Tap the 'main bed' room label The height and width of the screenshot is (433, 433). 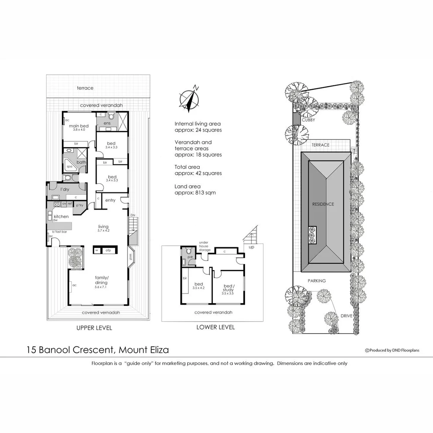tap(79, 126)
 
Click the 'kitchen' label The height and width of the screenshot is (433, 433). tap(61, 216)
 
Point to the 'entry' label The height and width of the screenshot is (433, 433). tap(110, 200)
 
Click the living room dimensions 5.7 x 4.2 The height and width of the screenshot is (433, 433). tap(103, 231)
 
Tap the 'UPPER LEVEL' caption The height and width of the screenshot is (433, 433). tap(94, 328)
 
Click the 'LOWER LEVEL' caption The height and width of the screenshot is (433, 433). tap(215, 327)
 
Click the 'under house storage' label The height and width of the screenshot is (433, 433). tap(204, 247)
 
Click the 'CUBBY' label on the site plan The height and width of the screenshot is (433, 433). tap(308, 120)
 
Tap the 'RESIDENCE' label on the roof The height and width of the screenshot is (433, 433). tap(323, 204)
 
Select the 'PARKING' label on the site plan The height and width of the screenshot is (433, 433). tap(317, 281)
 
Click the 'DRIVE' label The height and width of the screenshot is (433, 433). tap(346, 316)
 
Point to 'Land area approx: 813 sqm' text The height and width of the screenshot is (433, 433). tap(195, 190)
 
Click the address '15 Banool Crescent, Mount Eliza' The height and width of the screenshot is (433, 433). tap(97, 350)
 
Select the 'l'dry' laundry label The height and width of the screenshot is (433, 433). tap(65, 189)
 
